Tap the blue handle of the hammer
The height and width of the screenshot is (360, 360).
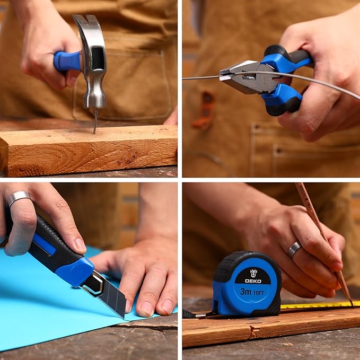[67, 61]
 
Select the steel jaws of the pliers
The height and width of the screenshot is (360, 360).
[239, 74]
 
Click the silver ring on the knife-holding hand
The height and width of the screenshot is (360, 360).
[19, 197]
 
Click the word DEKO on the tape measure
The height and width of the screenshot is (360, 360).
[253, 281]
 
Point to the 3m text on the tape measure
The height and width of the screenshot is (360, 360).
[245, 292]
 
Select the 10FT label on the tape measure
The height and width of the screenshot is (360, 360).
[259, 293]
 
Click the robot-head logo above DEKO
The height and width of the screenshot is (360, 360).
[253, 273]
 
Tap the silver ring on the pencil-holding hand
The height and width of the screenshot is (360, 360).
[294, 249]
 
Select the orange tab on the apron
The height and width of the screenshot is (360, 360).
[204, 110]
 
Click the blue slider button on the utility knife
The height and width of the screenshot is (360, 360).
[45, 245]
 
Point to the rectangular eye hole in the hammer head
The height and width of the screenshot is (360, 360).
[98, 58]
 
